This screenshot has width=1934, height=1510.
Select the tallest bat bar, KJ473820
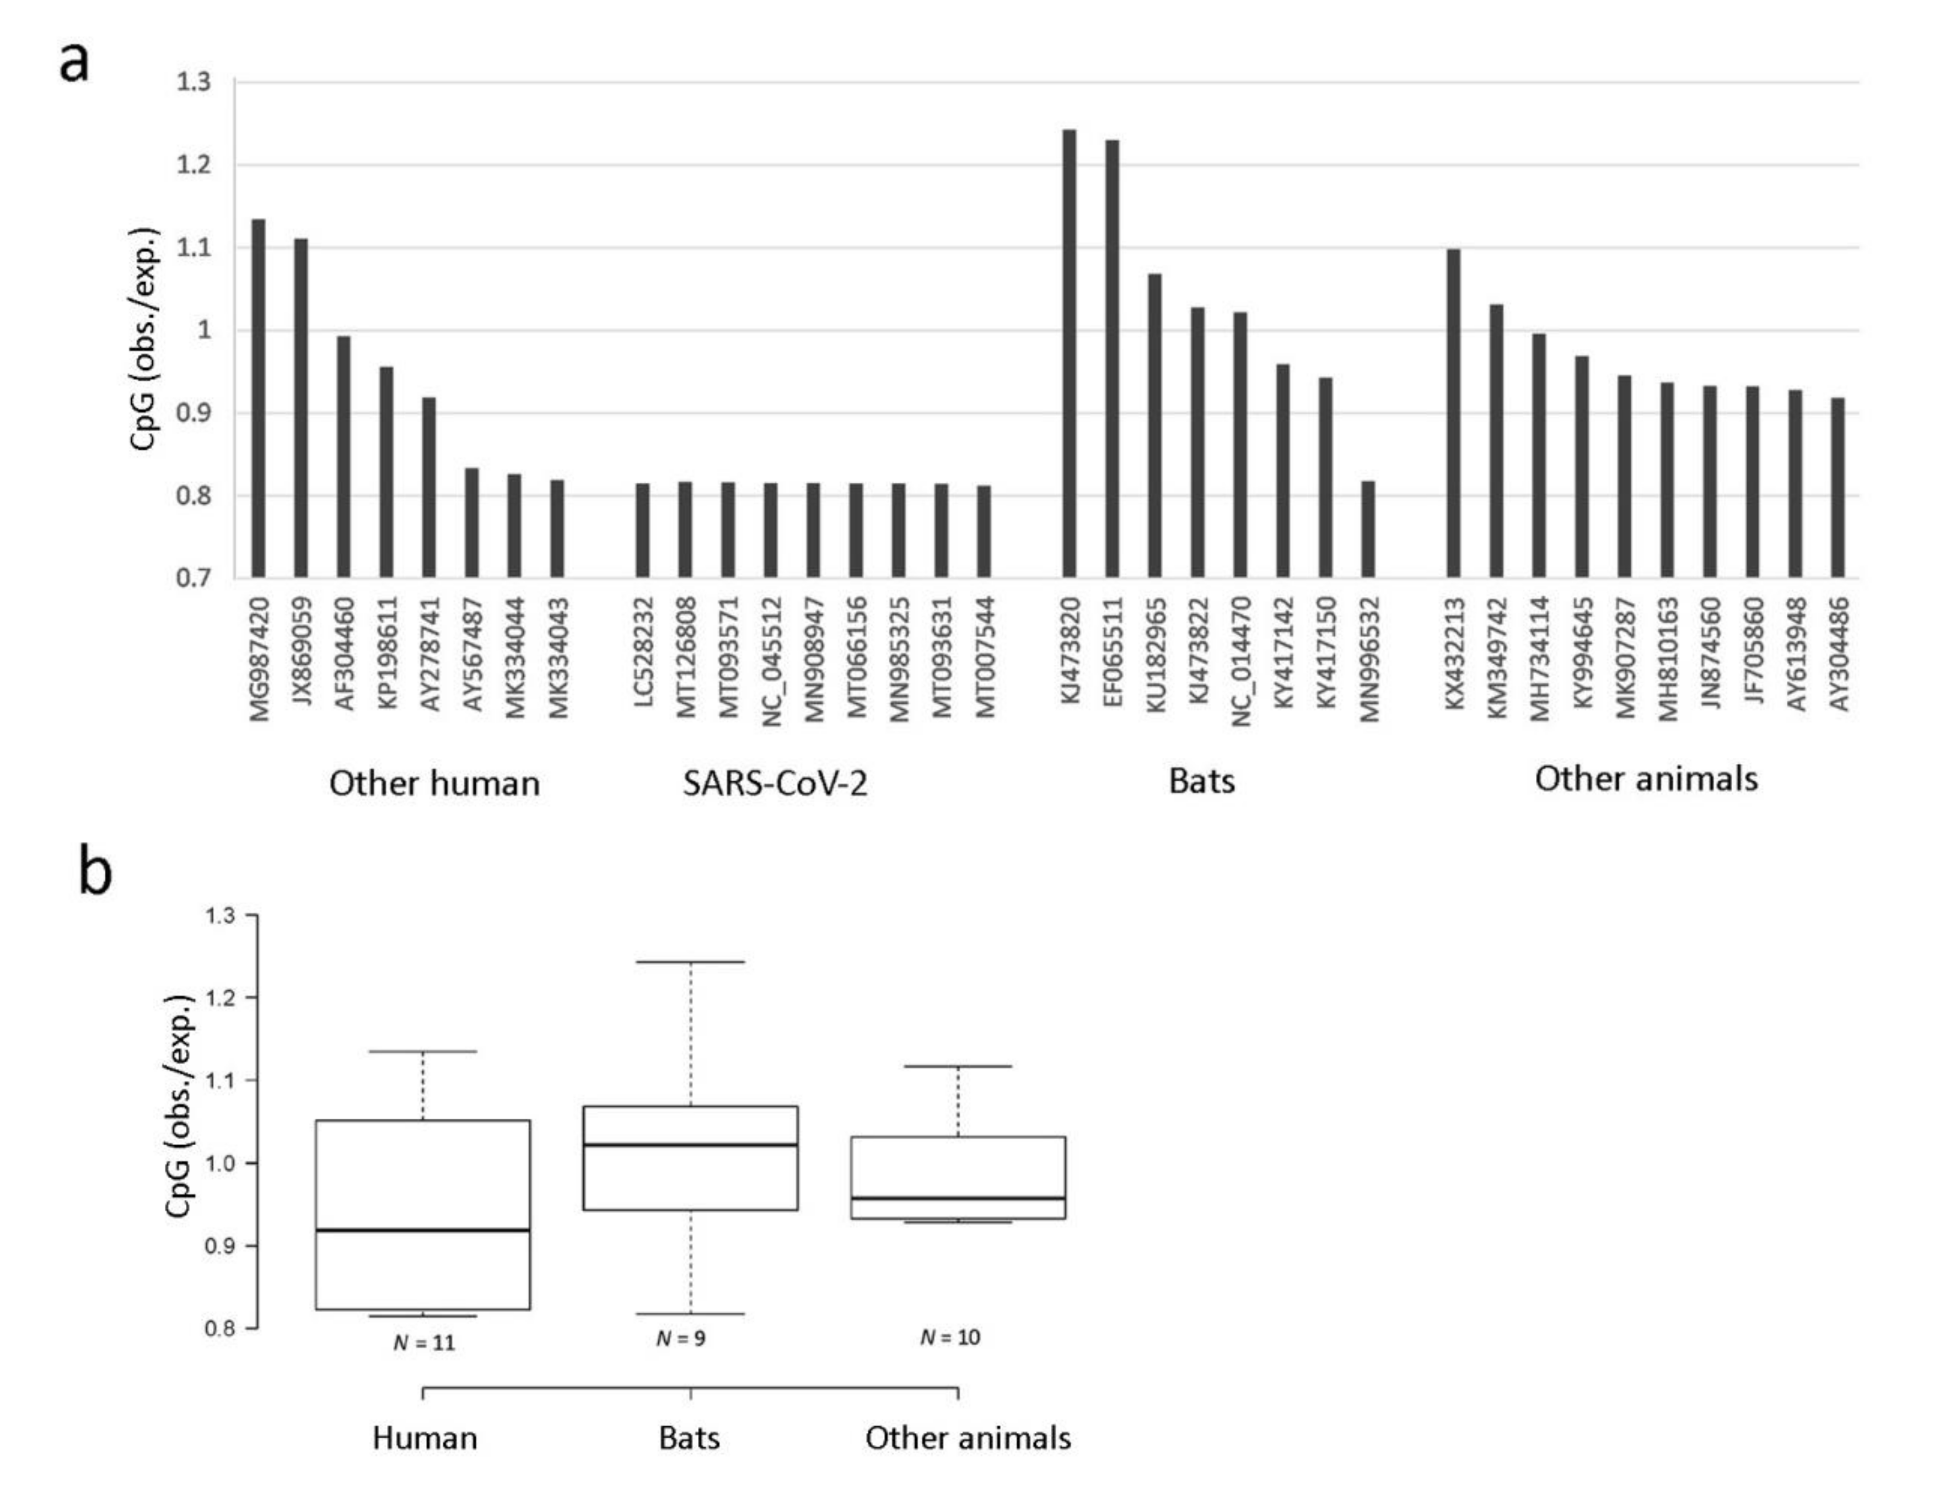click(1069, 354)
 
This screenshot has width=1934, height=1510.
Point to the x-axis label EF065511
click(1112, 652)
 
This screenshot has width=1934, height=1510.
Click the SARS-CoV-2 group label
click(775, 783)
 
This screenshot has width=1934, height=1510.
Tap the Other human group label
click(434, 783)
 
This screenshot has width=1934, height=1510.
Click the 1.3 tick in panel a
click(194, 82)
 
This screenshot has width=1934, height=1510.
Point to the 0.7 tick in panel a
click(194, 579)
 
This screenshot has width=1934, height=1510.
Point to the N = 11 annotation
click(423, 1342)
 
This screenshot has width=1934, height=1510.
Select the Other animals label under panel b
click(968, 1438)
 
